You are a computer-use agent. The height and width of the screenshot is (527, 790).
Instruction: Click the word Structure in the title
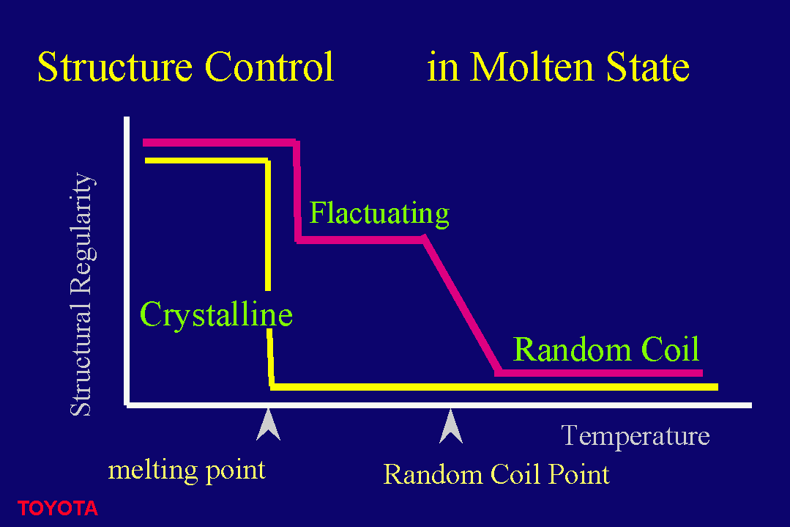click(115, 67)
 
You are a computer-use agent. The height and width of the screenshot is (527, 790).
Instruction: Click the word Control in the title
click(269, 67)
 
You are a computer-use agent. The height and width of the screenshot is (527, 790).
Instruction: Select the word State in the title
click(647, 67)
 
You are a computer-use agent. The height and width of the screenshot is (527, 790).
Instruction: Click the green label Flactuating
click(379, 213)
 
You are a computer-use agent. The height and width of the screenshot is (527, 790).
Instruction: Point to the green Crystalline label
click(216, 314)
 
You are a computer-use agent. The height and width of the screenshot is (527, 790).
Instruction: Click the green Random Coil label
click(606, 349)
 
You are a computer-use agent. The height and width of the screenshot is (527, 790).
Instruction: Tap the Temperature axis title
click(636, 435)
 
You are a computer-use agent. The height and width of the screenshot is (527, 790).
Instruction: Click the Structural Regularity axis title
click(81, 294)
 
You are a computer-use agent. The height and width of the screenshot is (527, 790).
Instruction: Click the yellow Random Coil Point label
click(496, 474)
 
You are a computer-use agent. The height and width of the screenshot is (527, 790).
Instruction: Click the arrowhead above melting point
click(268, 424)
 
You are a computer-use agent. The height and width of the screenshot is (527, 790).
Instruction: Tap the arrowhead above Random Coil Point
click(451, 426)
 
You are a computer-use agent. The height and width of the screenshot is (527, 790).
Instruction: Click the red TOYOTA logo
click(57, 509)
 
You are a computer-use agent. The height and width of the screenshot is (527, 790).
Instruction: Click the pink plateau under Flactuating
click(361, 240)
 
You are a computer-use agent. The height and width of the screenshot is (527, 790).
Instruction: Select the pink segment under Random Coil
click(599, 372)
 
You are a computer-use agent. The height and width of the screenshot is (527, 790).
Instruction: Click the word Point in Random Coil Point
click(579, 475)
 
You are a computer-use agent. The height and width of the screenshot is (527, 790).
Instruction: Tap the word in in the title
click(443, 67)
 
